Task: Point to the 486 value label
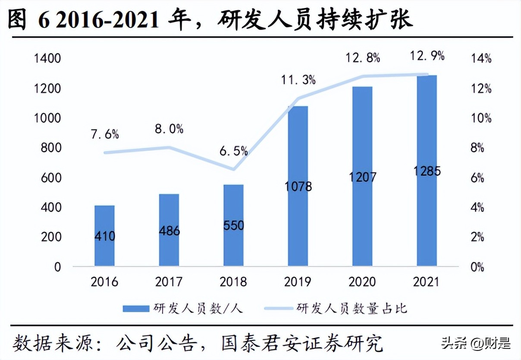(169, 231)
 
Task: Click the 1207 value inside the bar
(362, 177)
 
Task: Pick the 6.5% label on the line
(233, 151)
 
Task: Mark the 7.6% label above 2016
(104, 134)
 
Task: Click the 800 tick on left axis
(50, 148)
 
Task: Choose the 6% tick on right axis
(477, 178)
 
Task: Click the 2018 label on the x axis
(233, 282)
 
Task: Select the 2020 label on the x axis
(362, 282)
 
